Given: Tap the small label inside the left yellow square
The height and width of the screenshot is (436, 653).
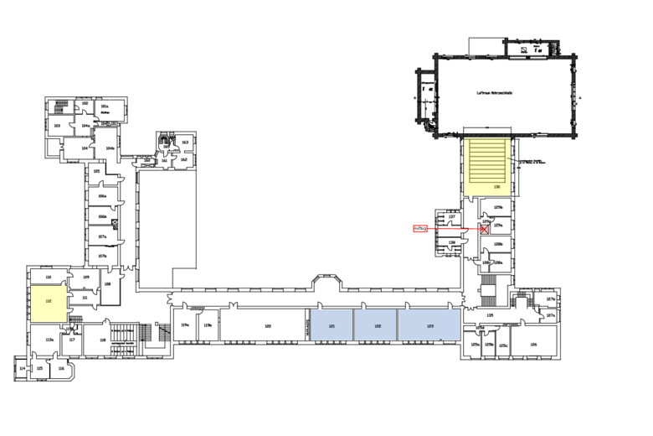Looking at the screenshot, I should point(49,301).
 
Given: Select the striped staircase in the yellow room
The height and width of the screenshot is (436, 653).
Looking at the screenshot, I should point(487,161).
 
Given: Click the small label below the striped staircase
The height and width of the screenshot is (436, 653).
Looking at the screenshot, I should point(496,187).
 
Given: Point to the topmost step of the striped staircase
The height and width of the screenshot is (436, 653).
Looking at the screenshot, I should point(487,142).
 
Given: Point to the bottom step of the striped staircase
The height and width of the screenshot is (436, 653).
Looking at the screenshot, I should point(487,179).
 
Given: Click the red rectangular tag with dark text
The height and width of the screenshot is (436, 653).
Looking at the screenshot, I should point(419,229).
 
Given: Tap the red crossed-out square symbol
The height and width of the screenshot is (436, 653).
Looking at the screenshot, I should point(484,229).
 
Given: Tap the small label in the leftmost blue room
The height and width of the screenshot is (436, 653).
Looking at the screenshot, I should point(332,326).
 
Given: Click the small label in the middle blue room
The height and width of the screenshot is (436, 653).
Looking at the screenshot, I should point(378,326).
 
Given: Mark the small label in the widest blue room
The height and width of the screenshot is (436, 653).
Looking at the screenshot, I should point(430,326).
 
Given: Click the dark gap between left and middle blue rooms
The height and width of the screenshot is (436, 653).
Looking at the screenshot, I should point(353,324).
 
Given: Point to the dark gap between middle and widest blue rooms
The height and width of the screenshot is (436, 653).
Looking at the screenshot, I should point(397,324).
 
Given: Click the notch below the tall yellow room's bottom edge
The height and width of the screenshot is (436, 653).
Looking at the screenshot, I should point(470,195).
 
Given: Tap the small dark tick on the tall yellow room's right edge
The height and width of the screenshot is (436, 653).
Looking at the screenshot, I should point(508,158).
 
